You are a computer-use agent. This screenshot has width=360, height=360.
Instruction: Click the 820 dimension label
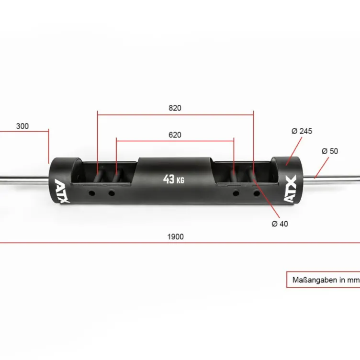pos(175,108)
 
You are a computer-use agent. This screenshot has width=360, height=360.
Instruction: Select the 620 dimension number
pos(175,135)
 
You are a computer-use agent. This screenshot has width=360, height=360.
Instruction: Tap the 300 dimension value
pos(22,126)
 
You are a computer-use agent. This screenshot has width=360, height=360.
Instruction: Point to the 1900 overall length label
pos(175,236)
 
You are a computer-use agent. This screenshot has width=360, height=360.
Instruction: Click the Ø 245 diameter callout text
pos(302,131)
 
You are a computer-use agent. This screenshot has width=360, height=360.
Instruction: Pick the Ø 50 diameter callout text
pos(330,151)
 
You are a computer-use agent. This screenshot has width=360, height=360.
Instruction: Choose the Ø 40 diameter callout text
pos(280,224)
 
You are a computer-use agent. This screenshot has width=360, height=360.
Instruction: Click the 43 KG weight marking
pos(174,180)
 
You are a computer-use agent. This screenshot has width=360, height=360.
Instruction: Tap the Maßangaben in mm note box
pos(323,280)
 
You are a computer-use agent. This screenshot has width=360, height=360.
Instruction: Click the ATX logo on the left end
pos(62,191)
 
